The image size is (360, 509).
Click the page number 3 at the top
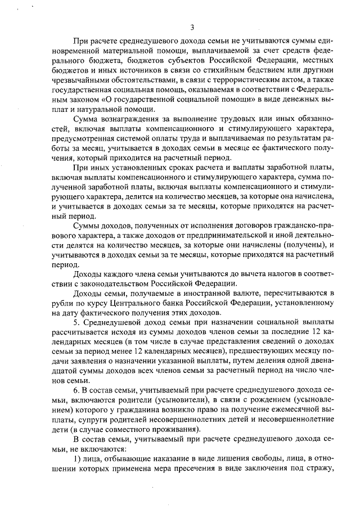(x=192, y=27)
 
